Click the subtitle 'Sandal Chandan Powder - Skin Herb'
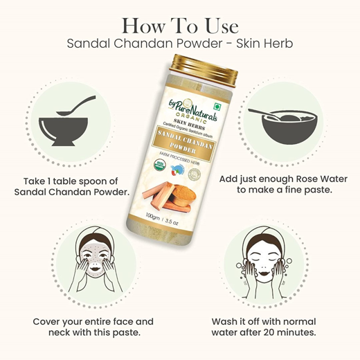pyautogui.click(x=180, y=43)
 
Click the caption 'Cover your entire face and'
pyautogui.click(x=93, y=321)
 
